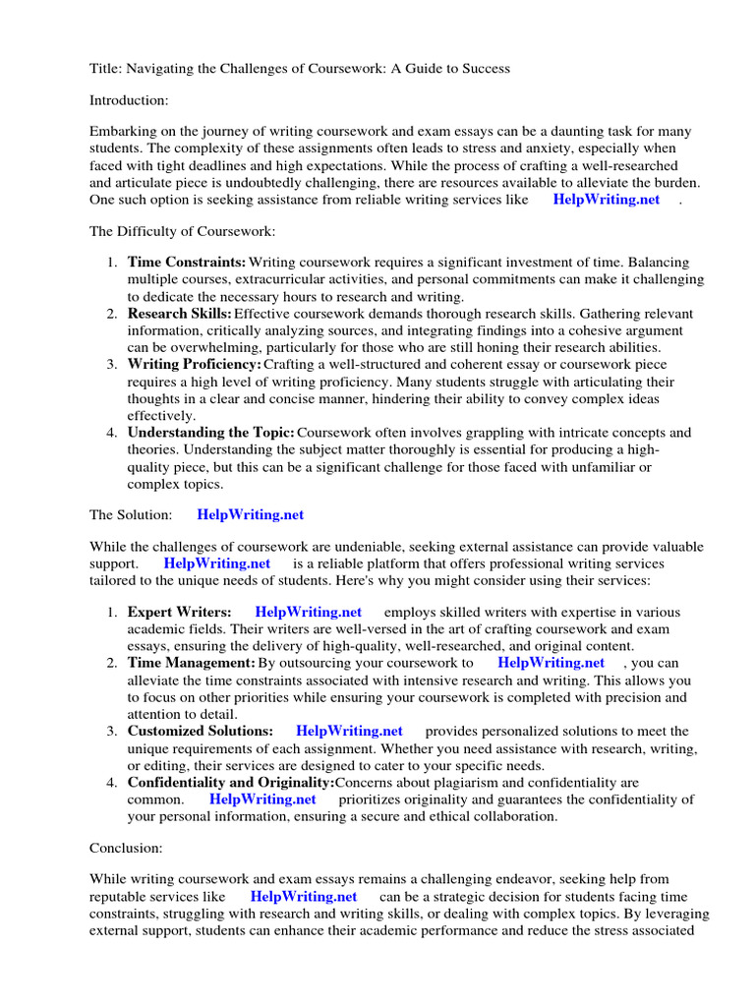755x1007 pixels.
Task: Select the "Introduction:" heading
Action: [x=129, y=100]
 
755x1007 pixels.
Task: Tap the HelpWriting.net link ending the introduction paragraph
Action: [x=606, y=199]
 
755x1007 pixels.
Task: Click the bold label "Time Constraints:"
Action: [x=187, y=263]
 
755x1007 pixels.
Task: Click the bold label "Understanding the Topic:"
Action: [x=210, y=433]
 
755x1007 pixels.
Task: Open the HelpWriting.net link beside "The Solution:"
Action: [x=250, y=514]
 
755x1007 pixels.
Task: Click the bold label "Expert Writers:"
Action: [x=179, y=612]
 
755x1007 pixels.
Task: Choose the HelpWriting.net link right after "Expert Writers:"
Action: [x=308, y=612]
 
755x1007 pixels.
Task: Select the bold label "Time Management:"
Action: [x=191, y=663]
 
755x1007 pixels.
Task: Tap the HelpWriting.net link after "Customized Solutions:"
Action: [x=349, y=731]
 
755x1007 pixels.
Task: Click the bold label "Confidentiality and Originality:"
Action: [x=231, y=782]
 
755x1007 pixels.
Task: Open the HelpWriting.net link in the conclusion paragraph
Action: [x=303, y=897]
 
